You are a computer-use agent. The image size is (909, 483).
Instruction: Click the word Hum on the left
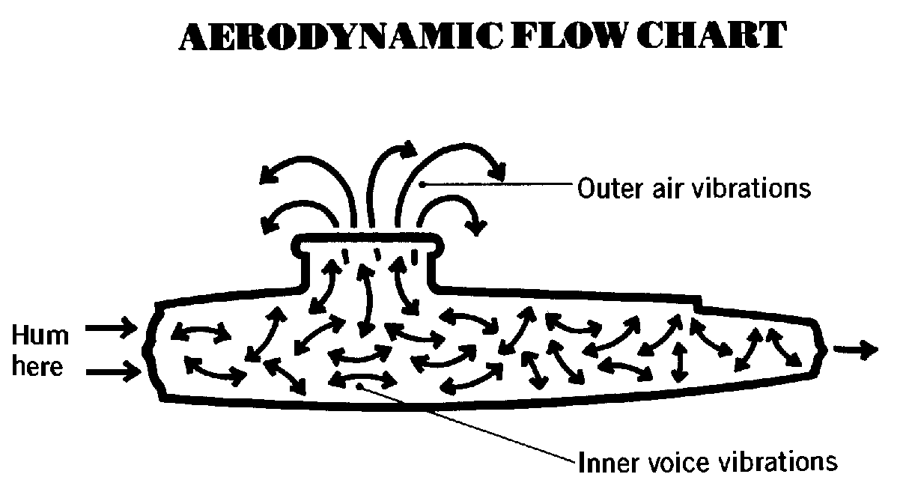40,335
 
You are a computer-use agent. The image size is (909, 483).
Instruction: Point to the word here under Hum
37,365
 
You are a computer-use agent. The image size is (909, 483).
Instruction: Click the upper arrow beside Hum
111,327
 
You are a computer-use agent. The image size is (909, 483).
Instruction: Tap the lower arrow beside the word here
113,371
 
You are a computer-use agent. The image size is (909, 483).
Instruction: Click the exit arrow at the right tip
855,350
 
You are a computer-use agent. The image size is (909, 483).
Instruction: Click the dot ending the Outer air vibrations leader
422,185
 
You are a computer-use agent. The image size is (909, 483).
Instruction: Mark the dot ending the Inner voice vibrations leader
359,386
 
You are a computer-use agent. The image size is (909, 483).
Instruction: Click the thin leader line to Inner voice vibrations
466,423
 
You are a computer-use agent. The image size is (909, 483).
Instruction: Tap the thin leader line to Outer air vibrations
497,184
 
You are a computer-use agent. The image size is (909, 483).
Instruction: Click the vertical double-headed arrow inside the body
680,362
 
